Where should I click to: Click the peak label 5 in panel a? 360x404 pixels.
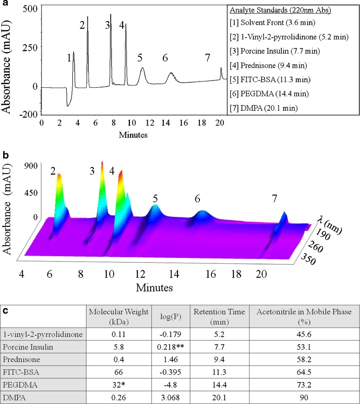pyautogui.click(x=140, y=58)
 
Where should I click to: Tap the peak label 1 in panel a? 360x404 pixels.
pyautogui.click(x=69, y=58)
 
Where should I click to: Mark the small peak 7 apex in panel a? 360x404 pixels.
pyautogui.click(x=221, y=69)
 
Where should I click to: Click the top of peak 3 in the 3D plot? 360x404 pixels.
pyautogui.click(x=102, y=162)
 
